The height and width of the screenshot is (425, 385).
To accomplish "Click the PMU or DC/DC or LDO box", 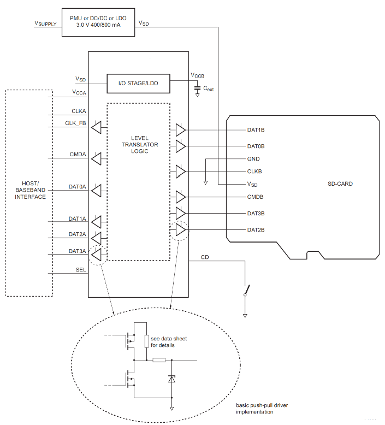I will [99, 22].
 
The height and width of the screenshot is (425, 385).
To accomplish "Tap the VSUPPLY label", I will [45, 23].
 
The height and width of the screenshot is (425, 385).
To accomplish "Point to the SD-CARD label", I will [340, 184].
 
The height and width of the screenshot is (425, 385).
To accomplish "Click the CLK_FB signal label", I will [75, 123].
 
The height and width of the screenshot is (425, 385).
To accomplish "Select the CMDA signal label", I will [78, 154].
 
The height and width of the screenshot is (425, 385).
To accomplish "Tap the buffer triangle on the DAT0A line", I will [96, 191].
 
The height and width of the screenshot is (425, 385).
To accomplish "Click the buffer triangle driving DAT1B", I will [181, 130].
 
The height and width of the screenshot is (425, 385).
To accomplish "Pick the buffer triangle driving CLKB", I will [181, 171].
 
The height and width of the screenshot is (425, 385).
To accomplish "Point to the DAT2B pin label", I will [256, 230].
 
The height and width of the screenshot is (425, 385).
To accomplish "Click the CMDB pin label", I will [256, 197].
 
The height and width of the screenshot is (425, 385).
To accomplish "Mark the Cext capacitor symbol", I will [197, 87].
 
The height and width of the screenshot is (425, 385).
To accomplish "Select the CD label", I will [205, 257].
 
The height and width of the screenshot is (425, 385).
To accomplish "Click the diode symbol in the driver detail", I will [172, 378].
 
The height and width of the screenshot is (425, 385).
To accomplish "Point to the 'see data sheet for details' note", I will [169, 342].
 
